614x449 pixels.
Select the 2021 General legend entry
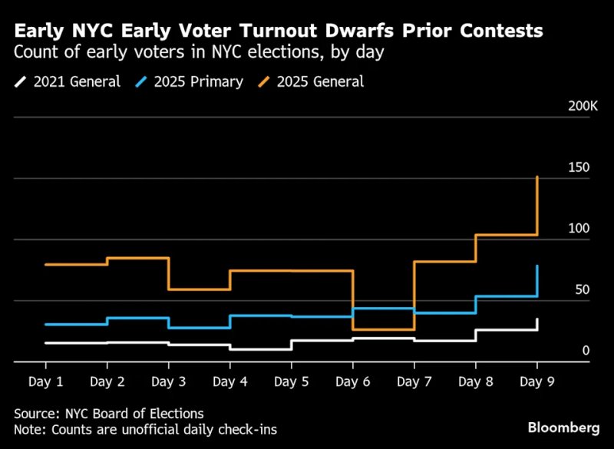click(x=69, y=81)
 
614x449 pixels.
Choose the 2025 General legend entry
click(x=316, y=81)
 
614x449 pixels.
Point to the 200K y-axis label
click(x=583, y=106)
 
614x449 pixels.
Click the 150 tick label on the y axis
click(x=578, y=168)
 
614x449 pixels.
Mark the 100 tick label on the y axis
click(x=578, y=229)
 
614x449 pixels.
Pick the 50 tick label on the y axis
click(x=581, y=290)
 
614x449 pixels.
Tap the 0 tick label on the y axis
click(x=585, y=351)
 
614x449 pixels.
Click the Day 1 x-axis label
click(x=45, y=381)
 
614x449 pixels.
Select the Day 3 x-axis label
click(x=168, y=381)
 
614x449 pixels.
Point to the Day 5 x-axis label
click(x=291, y=381)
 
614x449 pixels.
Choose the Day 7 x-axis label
click(x=414, y=381)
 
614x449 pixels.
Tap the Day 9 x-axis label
click(x=536, y=381)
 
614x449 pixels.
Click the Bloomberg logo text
click(x=563, y=426)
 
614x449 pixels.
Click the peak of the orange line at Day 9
click(x=537, y=177)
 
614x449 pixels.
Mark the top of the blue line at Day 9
click(x=537, y=266)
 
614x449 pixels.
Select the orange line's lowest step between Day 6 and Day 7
click(x=383, y=329)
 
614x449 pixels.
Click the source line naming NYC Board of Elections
click(x=108, y=414)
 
